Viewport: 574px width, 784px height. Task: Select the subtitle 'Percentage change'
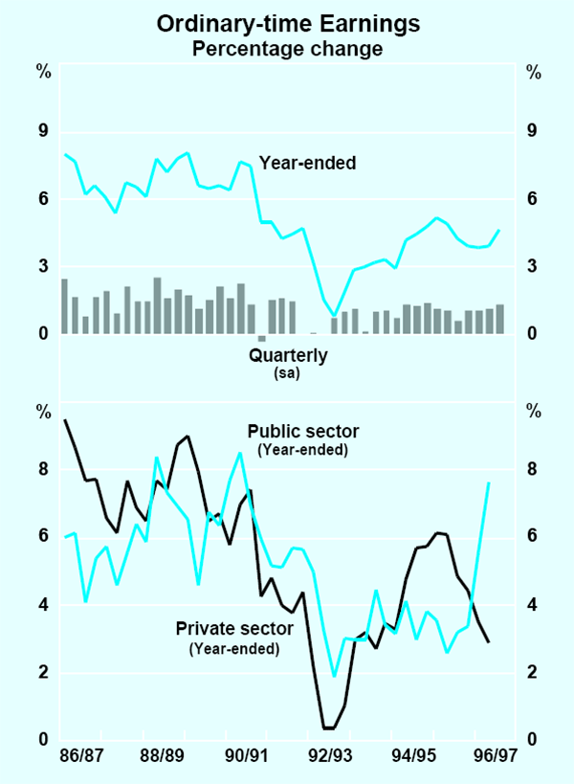pos(287,47)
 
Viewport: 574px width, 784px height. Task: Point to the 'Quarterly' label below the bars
pos(288,356)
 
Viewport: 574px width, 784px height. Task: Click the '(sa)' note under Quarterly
pos(288,373)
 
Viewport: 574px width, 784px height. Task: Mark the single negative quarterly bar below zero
pos(262,337)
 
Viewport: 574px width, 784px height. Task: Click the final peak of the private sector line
pos(489,483)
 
